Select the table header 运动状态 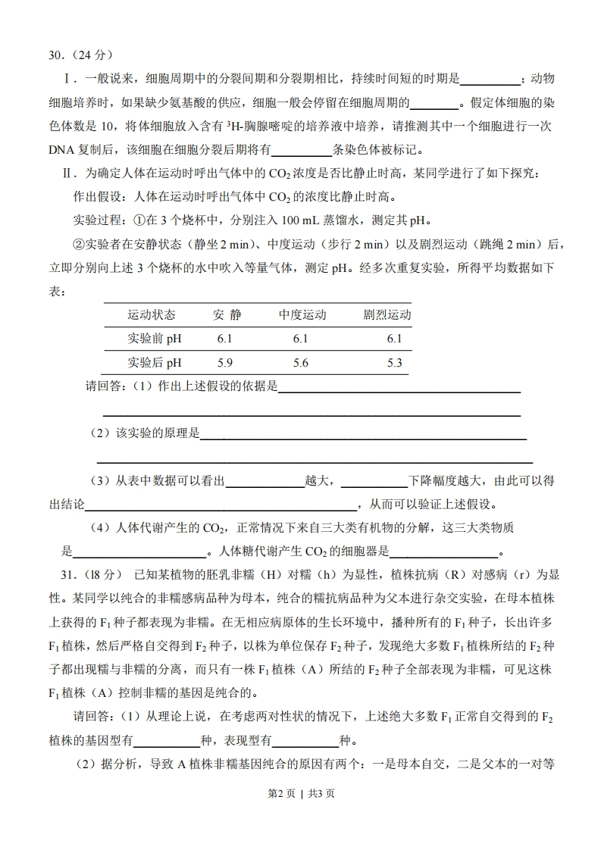[x=152, y=314]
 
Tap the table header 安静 [x=226, y=314]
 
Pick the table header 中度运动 [x=302, y=314]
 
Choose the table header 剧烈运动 [x=387, y=314]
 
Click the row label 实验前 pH [x=155, y=339]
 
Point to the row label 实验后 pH [x=155, y=363]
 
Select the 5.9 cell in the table [x=225, y=363]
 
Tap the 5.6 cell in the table [x=301, y=363]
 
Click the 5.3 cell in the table [x=394, y=363]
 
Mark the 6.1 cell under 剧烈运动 [x=394, y=339]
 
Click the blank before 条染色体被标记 [x=302, y=150]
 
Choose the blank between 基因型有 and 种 [x=167, y=740]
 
